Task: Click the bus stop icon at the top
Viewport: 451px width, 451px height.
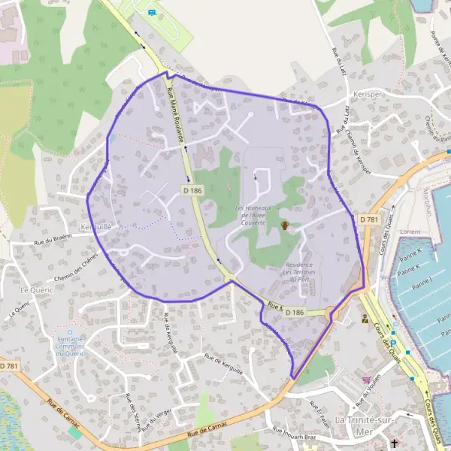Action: pyautogui.click(x=152, y=12)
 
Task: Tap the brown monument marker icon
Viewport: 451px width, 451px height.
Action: pyautogui.click(x=285, y=225)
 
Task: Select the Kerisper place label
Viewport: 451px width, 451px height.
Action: pyautogui.click(x=365, y=95)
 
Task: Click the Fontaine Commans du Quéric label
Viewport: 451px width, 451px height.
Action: pyautogui.click(x=70, y=344)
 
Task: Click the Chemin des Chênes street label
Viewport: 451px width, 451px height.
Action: pyautogui.click(x=77, y=265)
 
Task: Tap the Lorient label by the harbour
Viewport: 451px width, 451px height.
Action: pyautogui.click(x=410, y=232)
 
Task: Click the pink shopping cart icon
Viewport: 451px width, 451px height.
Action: pyautogui.click(x=366, y=380)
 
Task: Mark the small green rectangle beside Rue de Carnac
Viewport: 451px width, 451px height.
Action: pyautogui.click(x=74, y=434)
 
